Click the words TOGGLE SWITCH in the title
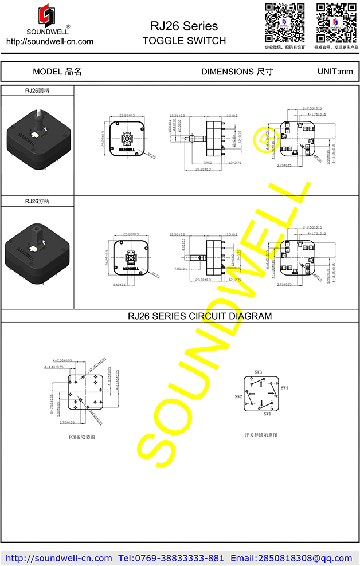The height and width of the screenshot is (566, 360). pyautogui.click(x=184, y=41)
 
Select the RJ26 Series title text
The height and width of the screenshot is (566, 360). pyautogui.click(x=184, y=26)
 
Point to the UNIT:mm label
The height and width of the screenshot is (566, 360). pyautogui.click(x=335, y=72)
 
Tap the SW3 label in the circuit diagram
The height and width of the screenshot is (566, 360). pyautogui.click(x=258, y=372)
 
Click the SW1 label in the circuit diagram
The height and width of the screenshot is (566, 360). pyautogui.click(x=267, y=414)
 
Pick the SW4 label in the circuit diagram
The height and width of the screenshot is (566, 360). pyautogui.click(x=284, y=388)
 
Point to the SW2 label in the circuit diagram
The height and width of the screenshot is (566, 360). pyautogui.click(x=238, y=396)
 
